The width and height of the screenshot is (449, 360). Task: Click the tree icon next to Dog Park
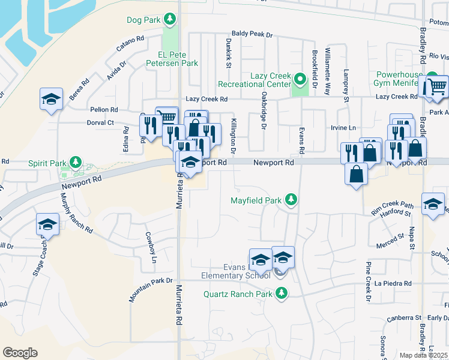point(170,20)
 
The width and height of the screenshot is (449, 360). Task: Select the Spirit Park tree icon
point(76,162)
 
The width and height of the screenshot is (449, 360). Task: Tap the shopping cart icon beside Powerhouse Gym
point(436,87)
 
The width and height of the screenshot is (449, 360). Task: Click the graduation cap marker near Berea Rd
point(52,99)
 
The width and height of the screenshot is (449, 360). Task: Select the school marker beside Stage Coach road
point(47,225)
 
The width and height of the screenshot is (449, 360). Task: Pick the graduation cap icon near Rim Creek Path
point(433,204)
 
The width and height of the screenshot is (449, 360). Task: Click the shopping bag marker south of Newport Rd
point(357,175)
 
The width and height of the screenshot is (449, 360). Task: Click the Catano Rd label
point(131,43)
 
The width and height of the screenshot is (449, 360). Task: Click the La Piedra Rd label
point(394,283)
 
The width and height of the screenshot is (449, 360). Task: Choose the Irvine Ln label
point(343,128)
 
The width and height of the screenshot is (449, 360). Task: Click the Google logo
point(20,353)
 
